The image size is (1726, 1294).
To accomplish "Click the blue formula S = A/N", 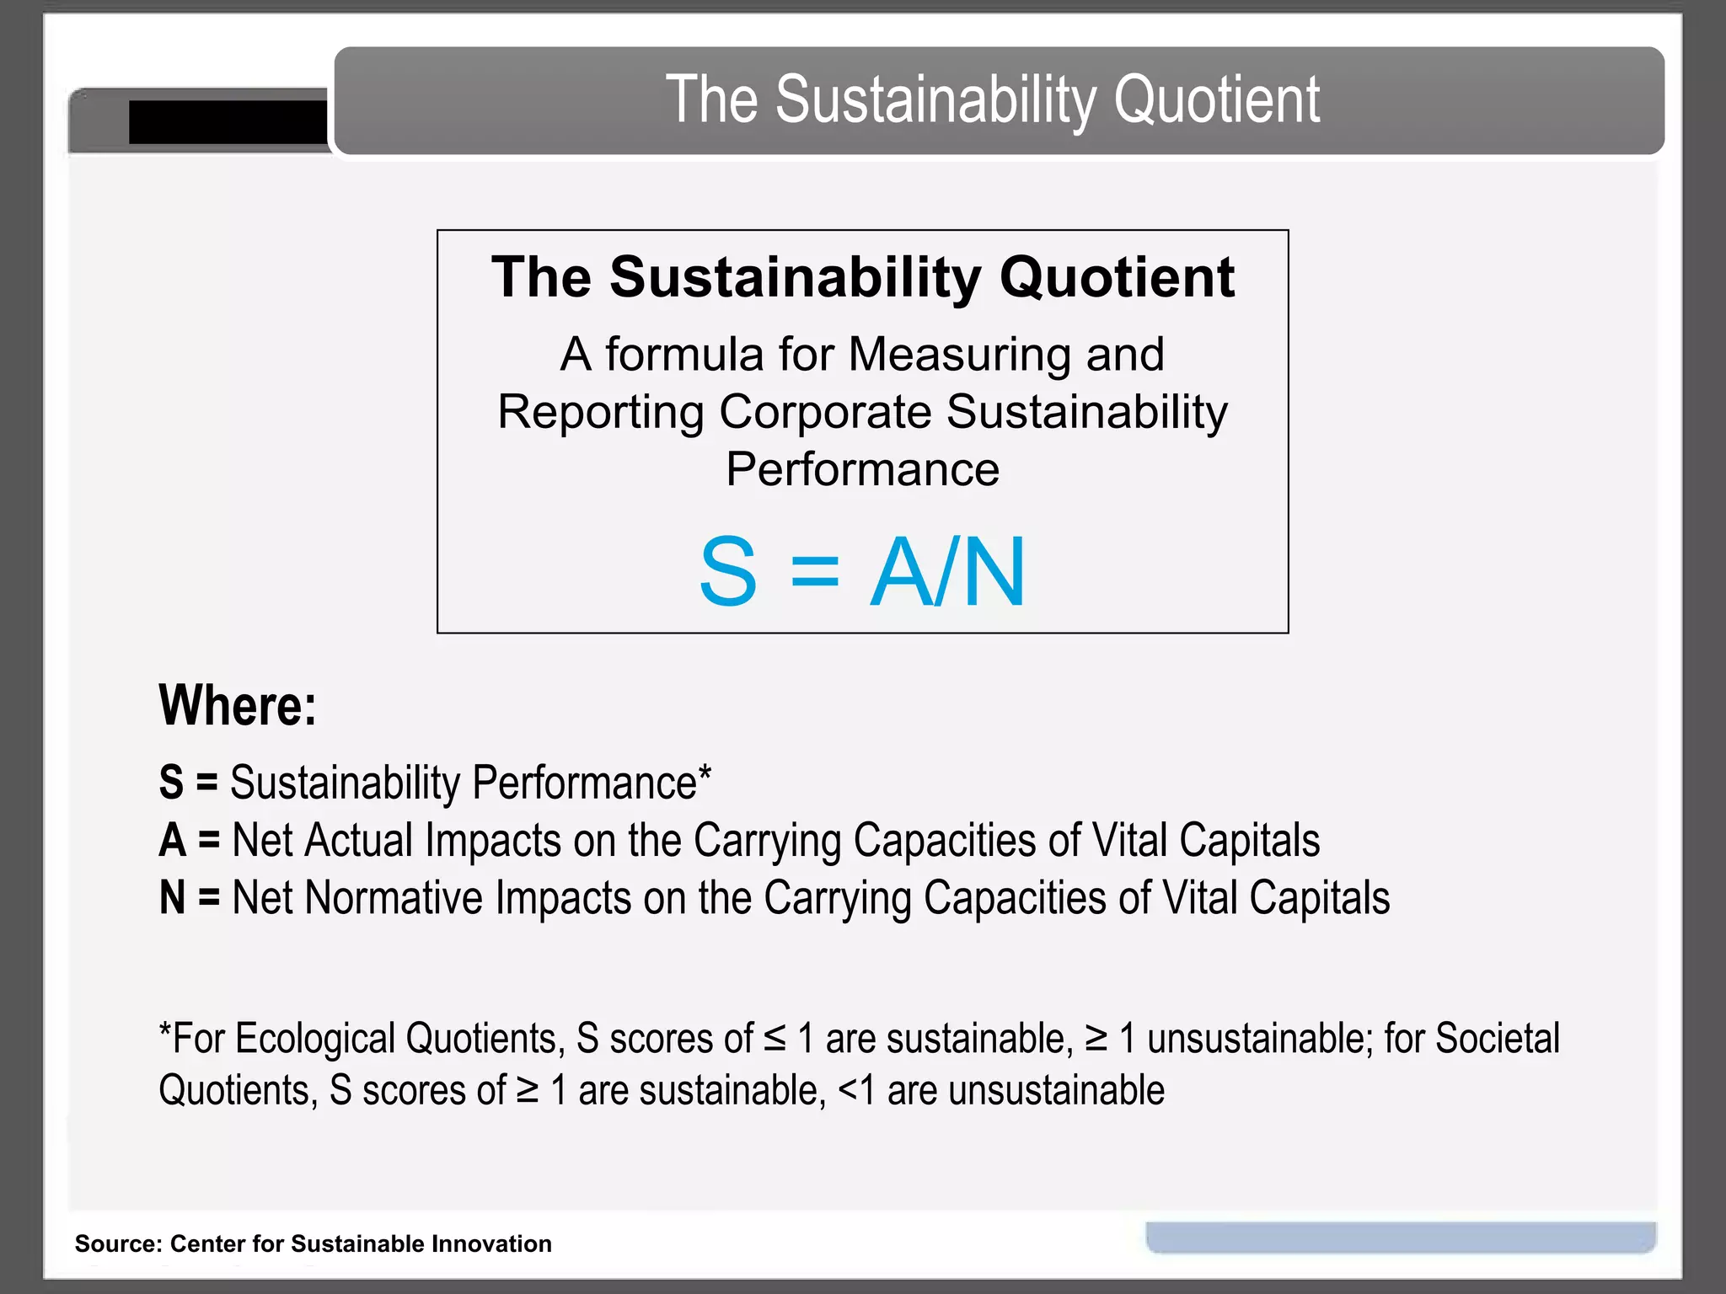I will pos(862,572).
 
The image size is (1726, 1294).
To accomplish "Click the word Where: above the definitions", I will pos(238,705).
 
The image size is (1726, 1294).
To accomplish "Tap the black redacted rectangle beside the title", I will pos(228,122).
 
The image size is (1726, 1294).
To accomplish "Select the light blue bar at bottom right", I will pos(1401,1236).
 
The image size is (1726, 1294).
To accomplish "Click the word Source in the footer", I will pos(115,1243).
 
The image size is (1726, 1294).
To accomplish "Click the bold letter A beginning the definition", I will pos(173,841).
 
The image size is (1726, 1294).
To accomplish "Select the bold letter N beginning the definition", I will pos(173,898).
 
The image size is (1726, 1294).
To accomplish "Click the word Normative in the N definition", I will pos(394,898).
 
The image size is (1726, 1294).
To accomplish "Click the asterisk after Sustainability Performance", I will pos(705,773).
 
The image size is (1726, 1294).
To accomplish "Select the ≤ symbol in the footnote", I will pos(775,1039).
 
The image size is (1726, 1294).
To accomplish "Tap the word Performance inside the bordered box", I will pos(862,469).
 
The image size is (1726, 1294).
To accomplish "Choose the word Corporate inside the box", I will pos(825,412).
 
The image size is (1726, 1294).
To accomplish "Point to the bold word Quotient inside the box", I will pos(1117,277).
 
